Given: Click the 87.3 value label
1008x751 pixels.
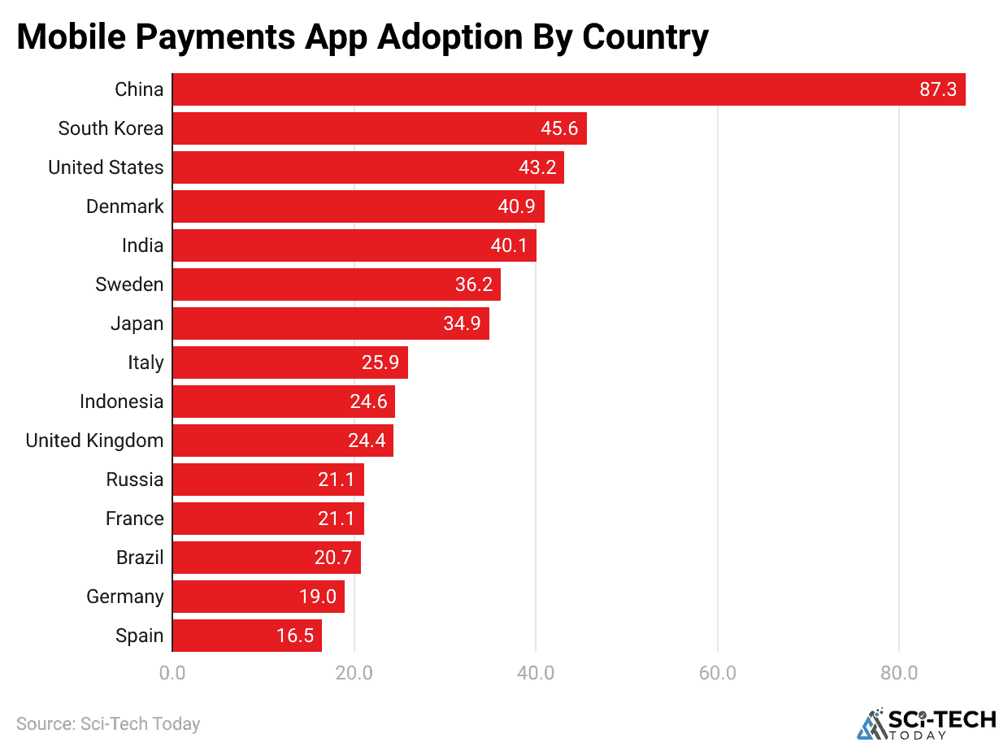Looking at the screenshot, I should [x=938, y=89].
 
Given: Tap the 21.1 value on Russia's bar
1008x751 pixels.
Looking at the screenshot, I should [x=337, y=480].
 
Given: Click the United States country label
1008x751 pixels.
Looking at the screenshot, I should [x=106, y=167].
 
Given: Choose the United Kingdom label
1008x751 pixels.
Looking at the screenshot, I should [x=94, y=441].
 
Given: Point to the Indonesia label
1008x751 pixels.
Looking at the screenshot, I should [x=121, y=402].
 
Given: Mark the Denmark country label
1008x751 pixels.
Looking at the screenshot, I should [x=124, y=206].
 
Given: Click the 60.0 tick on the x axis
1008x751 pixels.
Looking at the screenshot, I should [x=718, y=673].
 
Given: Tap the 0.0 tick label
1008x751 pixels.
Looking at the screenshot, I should [x=172, y=673].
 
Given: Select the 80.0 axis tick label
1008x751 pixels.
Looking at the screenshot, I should [x=899, y=673].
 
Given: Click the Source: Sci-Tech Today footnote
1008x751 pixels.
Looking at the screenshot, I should [x=108, y=723].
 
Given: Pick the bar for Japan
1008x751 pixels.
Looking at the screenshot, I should [x=330, y=323].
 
